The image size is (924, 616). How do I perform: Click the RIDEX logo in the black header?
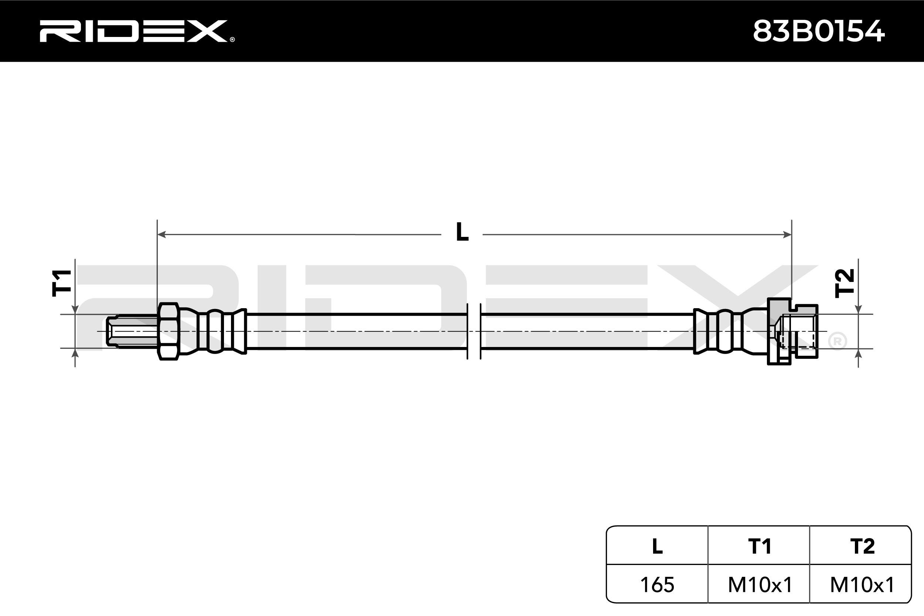(133, 31)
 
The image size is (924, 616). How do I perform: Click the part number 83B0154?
(819, 31)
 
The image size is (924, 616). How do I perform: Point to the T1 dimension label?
(62, 283)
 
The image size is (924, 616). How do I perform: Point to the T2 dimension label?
(845, 283)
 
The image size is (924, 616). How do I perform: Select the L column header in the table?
(657, 546)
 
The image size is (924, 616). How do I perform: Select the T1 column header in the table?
(759, 546)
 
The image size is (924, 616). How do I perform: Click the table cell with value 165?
(657, 585)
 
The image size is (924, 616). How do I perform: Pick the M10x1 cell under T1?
(759, 585)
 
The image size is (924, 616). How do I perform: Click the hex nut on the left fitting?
(168, 331)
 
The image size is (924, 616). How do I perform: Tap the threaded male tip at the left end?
(132, 331)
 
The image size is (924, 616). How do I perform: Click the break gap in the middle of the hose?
(474, 331)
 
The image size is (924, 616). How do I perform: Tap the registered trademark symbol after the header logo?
(232, 39)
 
